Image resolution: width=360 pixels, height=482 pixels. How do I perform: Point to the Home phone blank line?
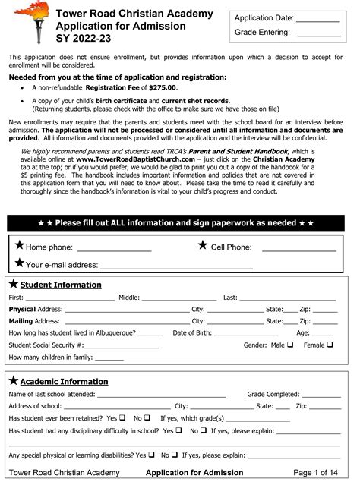click(114, 250)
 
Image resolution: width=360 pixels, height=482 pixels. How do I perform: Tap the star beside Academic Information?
click(14, 380)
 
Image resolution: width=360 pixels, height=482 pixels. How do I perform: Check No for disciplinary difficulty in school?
click(204, 430)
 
